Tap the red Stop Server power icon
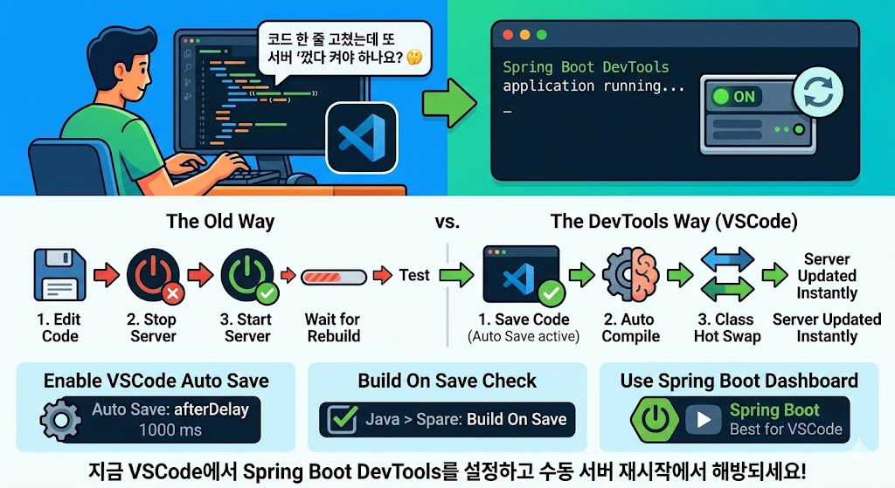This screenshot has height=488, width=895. coord(153,275)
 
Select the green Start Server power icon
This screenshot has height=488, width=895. coord(247,275)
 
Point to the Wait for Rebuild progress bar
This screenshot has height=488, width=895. coord(333,278)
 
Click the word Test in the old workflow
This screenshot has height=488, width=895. coord(414,275)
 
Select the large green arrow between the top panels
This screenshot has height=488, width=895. coord(449,102)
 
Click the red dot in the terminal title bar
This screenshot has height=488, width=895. coord(506,35)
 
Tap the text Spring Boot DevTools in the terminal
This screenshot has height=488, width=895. coord(586,67)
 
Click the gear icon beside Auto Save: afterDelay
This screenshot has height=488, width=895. coord(61,420)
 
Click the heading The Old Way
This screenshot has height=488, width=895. coord(220,222)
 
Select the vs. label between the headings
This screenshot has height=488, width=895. coord(447,222)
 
